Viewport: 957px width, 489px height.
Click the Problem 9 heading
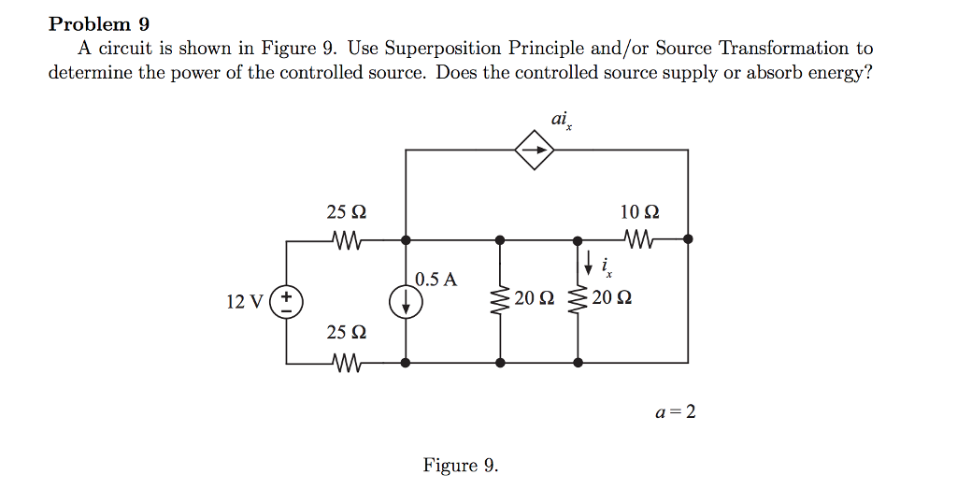pos(99,23)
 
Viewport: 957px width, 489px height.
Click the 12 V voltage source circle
pos(286,301)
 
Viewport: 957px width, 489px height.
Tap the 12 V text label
pos(245,301)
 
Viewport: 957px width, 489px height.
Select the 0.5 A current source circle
pos(407,301)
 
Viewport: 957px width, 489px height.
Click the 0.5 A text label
pos(436,279)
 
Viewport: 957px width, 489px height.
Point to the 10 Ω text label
pos(639,212)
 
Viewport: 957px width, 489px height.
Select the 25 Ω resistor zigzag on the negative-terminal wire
pos(346,361)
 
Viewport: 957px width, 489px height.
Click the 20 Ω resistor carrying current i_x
pos(578,300)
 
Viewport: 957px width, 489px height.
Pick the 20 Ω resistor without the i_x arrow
pos(501,300)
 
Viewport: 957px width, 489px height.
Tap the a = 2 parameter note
pos(675,411)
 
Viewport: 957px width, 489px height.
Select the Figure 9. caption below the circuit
pos(461,465)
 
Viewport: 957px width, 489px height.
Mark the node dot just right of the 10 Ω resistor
pos(688,239)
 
